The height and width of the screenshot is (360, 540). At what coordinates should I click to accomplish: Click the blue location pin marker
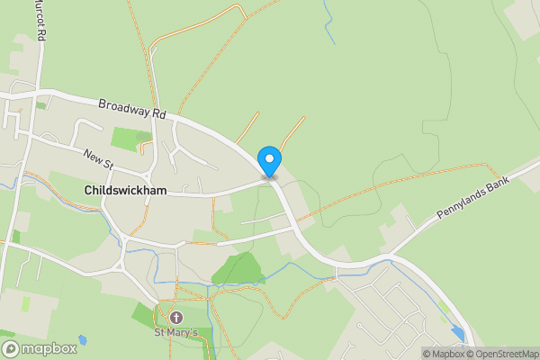(x=269, y=160)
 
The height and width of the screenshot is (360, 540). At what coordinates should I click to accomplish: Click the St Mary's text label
(x=176, y=332)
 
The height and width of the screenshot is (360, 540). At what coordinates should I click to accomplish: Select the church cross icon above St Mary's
(x=176, y=317)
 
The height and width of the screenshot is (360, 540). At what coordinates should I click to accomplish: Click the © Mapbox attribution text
(x=442, y=354)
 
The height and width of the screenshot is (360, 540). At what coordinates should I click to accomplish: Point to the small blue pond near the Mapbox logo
(x=83, y=340)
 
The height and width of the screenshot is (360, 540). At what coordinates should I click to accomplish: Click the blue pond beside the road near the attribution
(x=459, y=334)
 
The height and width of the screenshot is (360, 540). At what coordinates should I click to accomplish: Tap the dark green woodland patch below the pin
(x=238, y=268)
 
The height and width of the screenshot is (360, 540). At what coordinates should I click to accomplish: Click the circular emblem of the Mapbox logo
(x=10, y=348)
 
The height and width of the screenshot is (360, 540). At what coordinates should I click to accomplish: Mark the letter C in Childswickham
(x=88, y=191)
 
